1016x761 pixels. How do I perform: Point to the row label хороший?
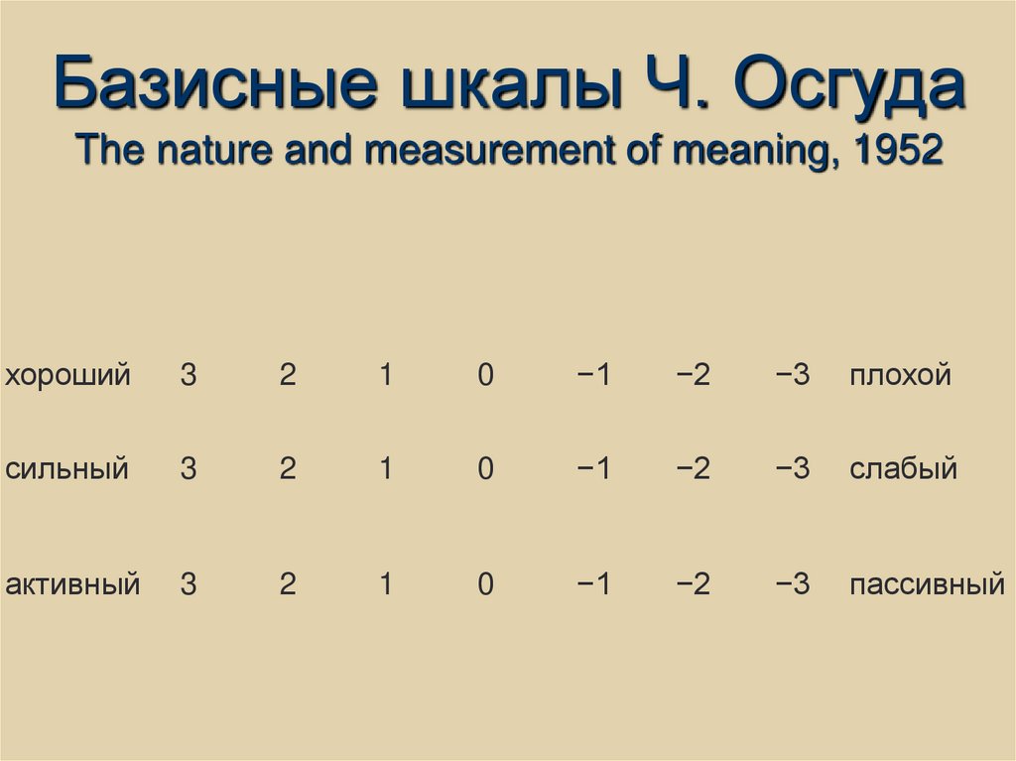pos(67,376)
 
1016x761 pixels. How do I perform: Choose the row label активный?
pos(72,584)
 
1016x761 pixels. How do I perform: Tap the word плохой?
pos(900,376)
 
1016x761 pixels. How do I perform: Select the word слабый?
pos(903,468)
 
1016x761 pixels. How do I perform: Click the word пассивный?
pos(927,584)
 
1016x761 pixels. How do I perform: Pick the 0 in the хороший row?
pos(485,376)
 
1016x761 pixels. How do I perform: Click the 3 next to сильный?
pos(189,468)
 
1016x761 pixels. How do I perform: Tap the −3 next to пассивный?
pos(794,584)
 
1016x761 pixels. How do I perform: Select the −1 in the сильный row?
pos(592,468)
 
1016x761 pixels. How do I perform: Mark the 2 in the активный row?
pos(288,584)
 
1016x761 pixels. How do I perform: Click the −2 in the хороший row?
pos(694,376)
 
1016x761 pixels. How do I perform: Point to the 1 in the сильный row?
pos(386,468)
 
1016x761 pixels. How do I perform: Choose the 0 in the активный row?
pos(485,584)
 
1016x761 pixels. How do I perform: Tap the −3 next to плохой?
pos(794,376)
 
